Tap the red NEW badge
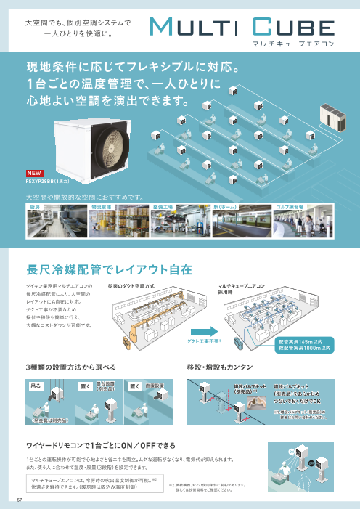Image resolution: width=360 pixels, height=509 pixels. [34, 173]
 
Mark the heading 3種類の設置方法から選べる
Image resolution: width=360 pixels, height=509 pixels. [71, 367]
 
